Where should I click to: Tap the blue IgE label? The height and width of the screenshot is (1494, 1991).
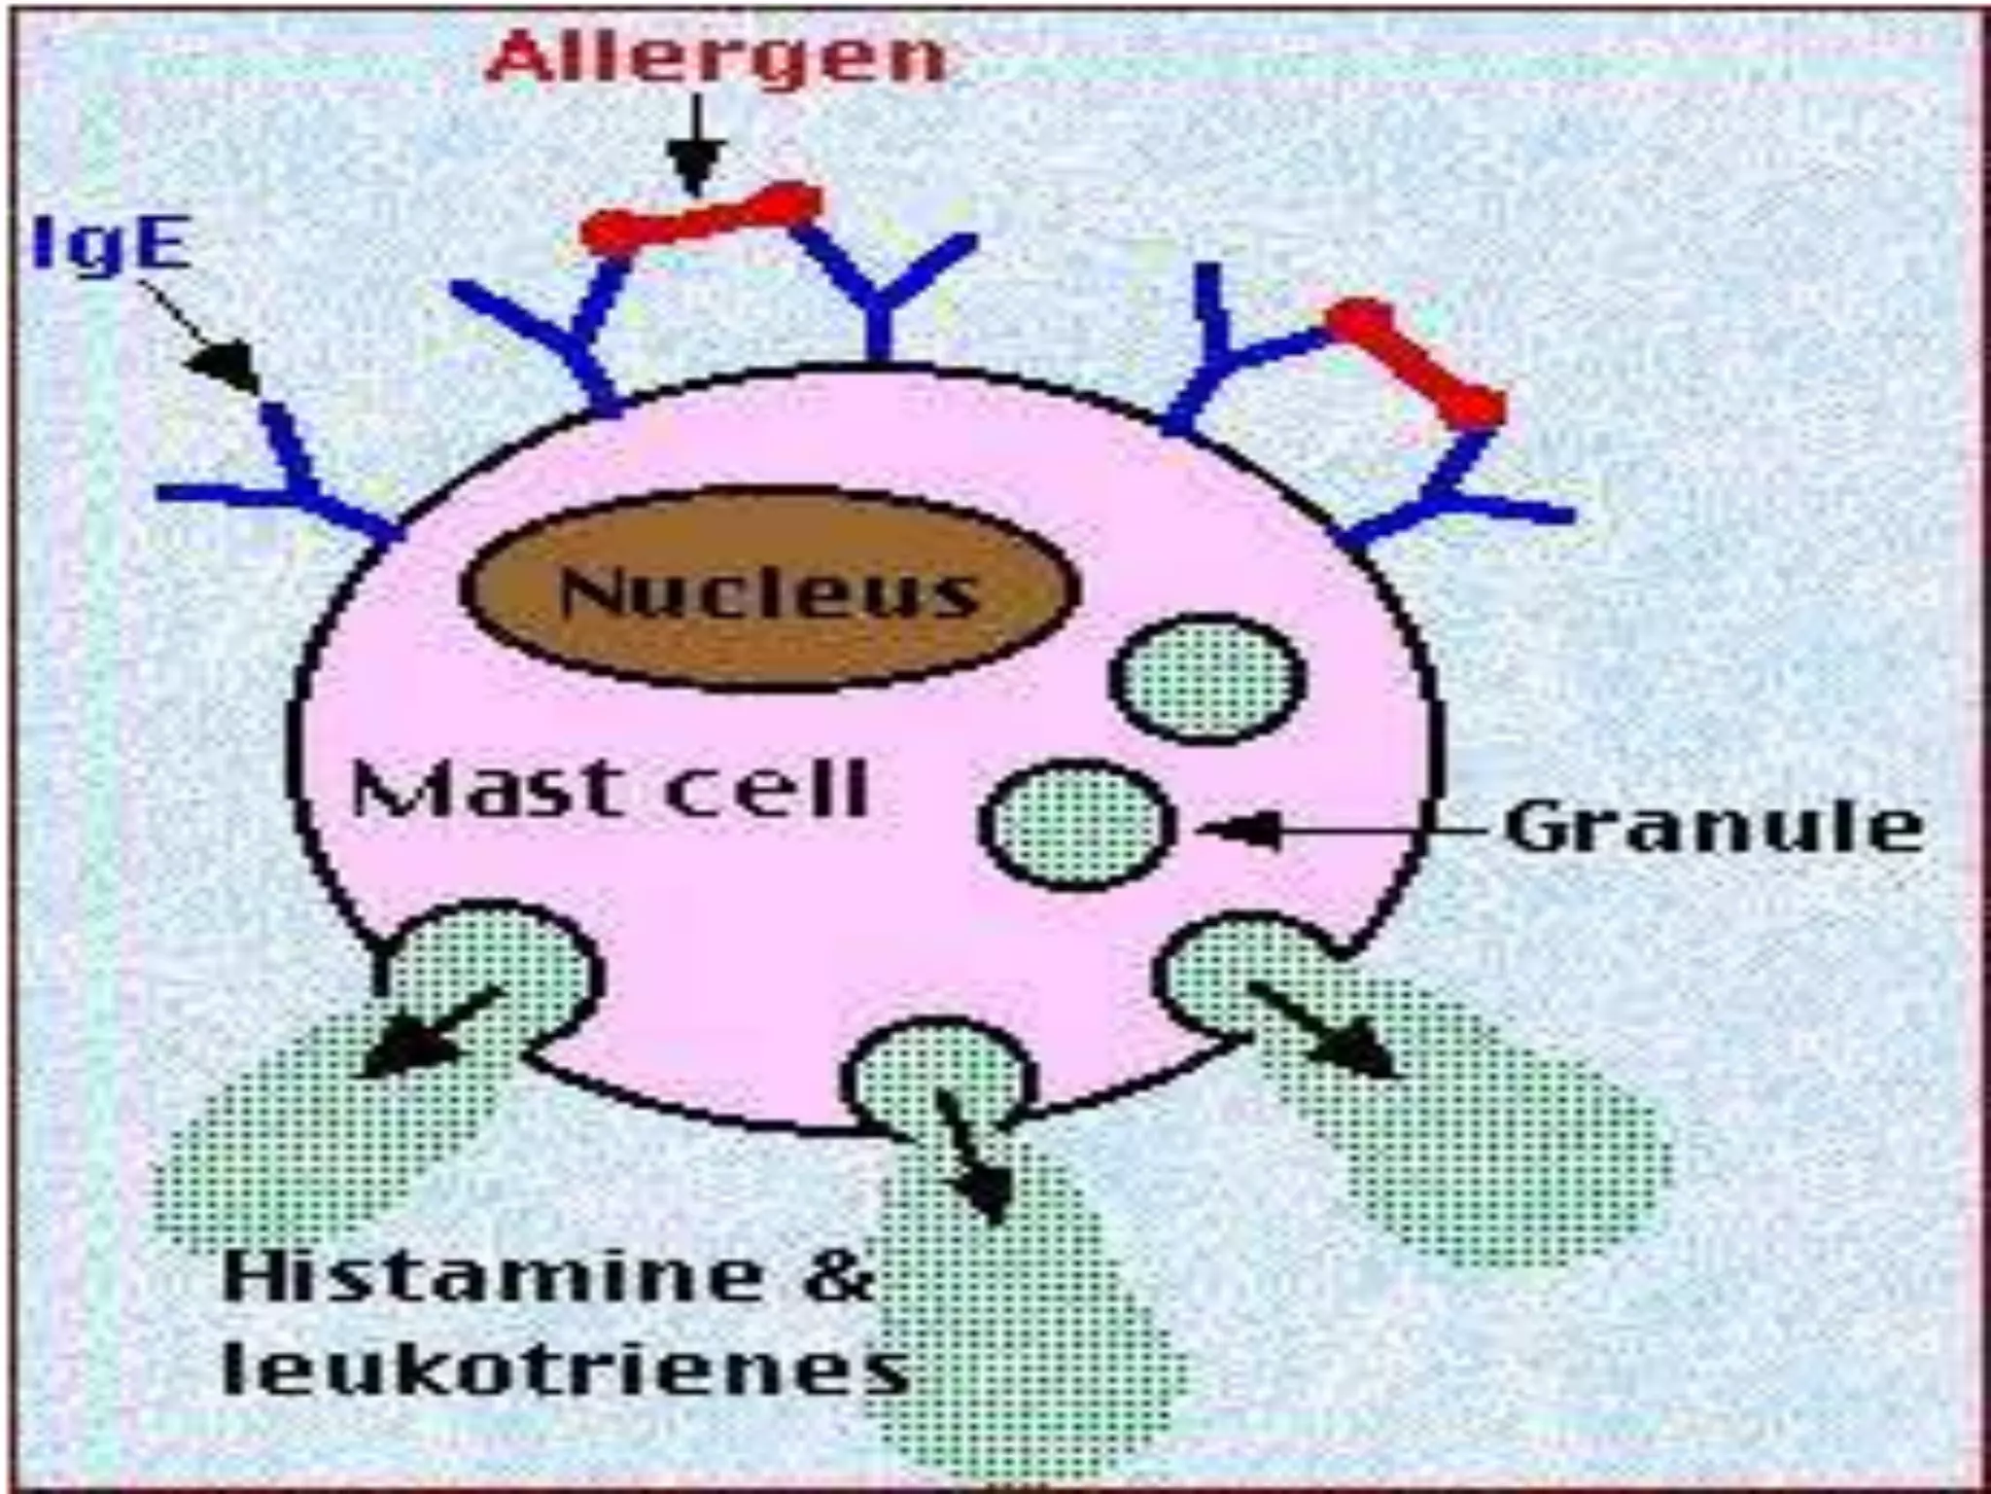tap(110, 242)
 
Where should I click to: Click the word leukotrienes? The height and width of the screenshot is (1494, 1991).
tap(564, 1371)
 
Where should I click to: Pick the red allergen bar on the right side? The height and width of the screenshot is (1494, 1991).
tap(1415, 360)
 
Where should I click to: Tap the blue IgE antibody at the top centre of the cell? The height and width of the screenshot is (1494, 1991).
tap(880, 292)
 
